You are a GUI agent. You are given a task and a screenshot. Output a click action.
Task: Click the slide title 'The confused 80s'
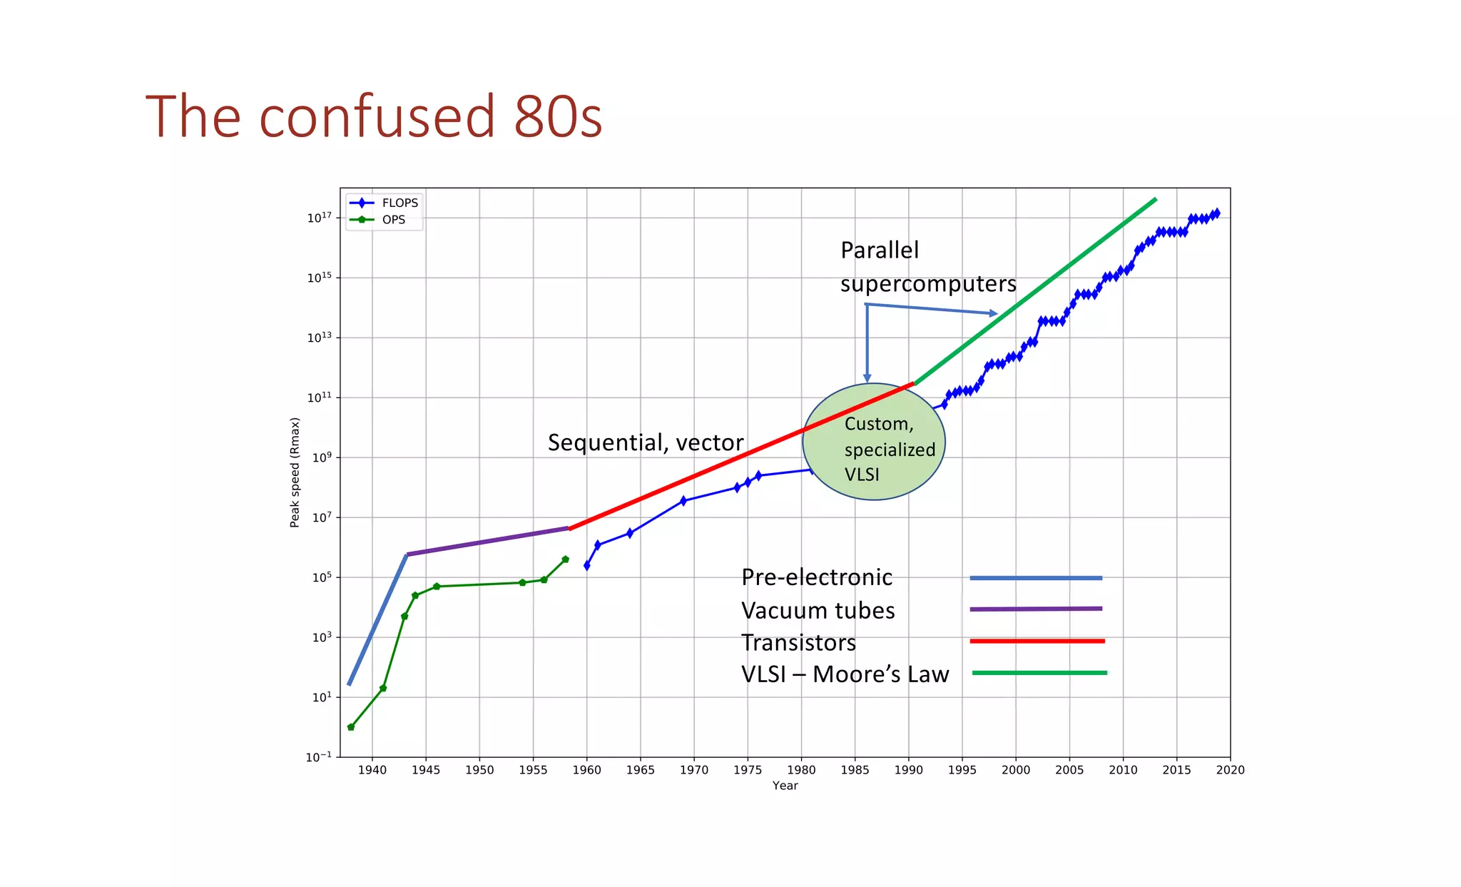374,116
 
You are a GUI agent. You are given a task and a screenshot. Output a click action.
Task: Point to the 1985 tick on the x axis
854,770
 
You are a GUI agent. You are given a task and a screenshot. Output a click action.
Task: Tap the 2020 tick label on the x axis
1230,770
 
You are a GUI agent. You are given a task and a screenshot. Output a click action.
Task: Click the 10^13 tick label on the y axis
319,337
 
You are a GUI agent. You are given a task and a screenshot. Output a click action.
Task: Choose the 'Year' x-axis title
785,786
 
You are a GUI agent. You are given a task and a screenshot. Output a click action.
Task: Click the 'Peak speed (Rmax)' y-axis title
295,472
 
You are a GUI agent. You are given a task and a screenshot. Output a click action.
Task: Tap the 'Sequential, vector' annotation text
645,442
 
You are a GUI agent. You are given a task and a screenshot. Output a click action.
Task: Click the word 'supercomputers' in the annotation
927,284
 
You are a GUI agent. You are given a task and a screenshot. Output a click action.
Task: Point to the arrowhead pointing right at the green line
992,313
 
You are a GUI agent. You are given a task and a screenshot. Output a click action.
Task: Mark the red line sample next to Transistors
1037,641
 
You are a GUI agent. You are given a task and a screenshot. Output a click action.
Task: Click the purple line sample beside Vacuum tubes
1035,609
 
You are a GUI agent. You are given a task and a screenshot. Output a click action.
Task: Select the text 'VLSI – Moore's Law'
845,674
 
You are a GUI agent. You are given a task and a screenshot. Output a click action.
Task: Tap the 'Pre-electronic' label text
816,577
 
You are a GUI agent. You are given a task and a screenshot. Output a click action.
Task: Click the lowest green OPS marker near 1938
351,727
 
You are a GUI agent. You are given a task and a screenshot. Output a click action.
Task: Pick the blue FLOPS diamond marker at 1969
683,501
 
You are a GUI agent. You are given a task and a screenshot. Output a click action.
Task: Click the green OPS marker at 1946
437,587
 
